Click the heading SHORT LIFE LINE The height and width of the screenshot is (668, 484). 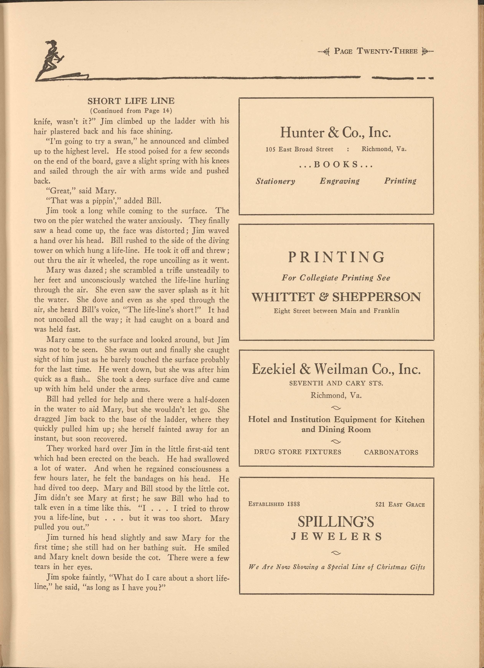coord(131,101)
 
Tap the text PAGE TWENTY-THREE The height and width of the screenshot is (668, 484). coord(376,51)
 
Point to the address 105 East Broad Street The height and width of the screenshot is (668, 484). coord(299,149)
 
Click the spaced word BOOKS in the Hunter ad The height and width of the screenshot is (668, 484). coord(336,164)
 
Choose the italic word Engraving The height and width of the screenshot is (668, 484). coord(340,181)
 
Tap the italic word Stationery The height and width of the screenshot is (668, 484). coord(275,181)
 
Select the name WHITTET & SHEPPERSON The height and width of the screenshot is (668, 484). coord(336,297)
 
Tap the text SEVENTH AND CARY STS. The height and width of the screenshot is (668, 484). coord(336,383)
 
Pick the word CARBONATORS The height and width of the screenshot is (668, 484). coord(391,452)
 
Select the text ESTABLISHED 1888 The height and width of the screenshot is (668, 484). coord(274,504)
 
